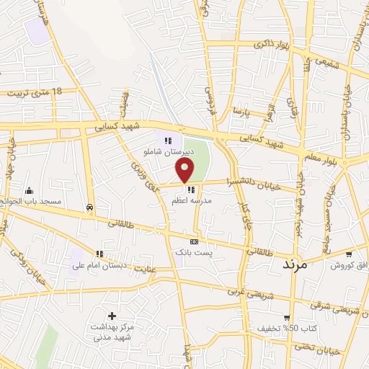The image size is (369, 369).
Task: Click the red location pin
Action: point(185,170)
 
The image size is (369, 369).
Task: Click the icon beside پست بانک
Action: point(193,241)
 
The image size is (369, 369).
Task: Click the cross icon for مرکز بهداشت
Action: point(112,316)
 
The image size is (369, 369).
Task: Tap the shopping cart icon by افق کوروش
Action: point(350,254)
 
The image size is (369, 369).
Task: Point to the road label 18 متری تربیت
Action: point(37,93)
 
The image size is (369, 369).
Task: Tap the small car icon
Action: point(88,206)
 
